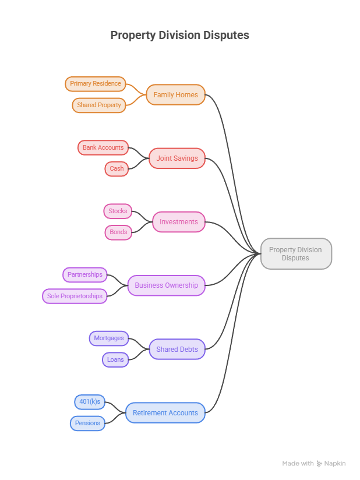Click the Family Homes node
tap(176, 95)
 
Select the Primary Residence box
tap(96, 84)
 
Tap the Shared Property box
tap(99, 105)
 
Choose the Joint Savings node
tap(177, 158)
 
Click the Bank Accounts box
tap(103, 147)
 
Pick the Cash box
tap(117, 169)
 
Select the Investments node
tap(179, 222)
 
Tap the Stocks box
tap(118, 211)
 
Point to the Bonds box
tap(118, 232)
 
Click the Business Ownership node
tap(166, 285)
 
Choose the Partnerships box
tap(85, 274)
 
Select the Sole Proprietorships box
tap(75, 296)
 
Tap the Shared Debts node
tap(177, 349)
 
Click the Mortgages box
tap(109, 338)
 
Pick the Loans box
tap(115, 359)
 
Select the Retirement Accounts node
tap(165, 412)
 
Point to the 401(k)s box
tap(90, 401)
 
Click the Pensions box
tap(87, 423)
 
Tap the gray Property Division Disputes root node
tap(296, 254)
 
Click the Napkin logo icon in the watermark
tap(319, 464)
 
